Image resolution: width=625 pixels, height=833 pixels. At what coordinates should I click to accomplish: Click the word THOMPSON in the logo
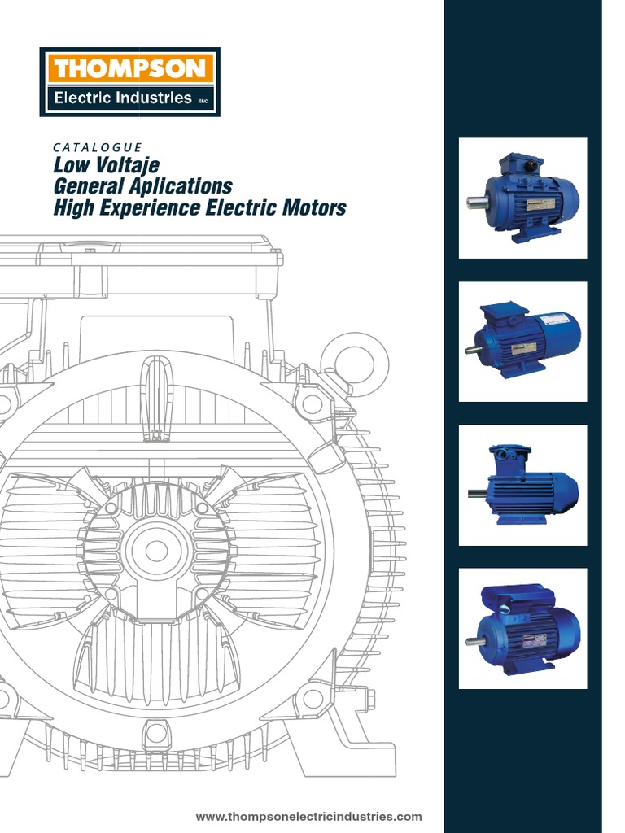click(130, 68)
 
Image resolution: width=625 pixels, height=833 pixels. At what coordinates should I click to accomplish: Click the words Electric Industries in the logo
click(122, 99)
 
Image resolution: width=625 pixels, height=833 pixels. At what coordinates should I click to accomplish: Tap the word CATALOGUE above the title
click(97, 147)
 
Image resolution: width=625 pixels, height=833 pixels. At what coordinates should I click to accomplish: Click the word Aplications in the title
click(182, 187)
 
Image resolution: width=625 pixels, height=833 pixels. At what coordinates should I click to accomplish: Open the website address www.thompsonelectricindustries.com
click(309, 816)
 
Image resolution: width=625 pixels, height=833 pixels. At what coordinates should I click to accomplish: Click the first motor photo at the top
click(522, 198)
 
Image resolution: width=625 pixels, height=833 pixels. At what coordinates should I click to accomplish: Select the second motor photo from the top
click(522, 341)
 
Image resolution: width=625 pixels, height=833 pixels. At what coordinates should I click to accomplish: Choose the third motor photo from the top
click(522, 485)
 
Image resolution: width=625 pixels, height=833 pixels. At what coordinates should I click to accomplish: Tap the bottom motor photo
click(522, 628)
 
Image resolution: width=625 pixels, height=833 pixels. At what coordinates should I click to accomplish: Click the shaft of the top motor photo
click(474, 201)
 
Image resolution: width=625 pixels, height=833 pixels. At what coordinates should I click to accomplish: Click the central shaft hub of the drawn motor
click(156, 550)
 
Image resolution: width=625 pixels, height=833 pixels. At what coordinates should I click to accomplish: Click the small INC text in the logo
click(203, 101)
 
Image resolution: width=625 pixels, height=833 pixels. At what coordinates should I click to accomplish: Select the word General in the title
click(86, 187)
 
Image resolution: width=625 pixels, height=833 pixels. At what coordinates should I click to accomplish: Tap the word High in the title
click(71, 208)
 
